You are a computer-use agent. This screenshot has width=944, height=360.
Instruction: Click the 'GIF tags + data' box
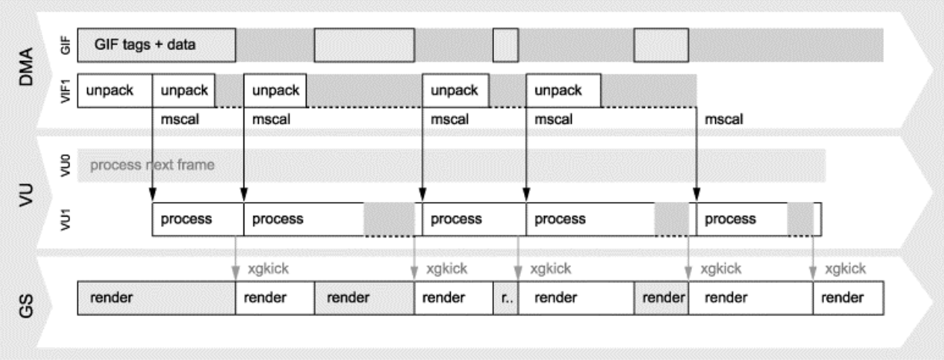(156, 45)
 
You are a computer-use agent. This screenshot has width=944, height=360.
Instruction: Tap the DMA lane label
(26, 67)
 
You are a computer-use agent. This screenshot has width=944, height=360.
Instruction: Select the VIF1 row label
(66, 91)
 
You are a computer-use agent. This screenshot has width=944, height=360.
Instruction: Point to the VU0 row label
(66, 165)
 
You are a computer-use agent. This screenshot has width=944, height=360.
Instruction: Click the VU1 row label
(66, 220)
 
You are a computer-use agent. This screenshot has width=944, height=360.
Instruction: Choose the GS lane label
(26, 305)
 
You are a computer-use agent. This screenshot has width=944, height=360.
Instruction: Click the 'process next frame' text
(152, 165)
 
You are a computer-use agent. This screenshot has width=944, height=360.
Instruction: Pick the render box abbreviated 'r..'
(506, 298)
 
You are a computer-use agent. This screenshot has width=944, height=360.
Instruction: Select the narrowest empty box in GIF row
(506, 45)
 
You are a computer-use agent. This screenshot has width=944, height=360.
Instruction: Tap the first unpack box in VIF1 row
(115, 91)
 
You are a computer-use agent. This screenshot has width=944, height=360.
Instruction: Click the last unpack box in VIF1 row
(563, 91)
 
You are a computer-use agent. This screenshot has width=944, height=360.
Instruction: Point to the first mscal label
(180, 119)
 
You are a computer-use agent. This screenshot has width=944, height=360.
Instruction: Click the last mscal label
(724, 119)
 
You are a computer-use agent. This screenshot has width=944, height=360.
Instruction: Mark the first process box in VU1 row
(198, 219)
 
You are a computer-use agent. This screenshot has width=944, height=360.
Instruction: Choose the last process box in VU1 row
(741, 219)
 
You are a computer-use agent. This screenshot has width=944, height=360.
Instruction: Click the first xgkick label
(268, 269)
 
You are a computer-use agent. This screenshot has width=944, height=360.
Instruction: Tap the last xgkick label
(845, 269)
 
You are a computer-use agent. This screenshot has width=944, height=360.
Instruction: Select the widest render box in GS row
(156, 298)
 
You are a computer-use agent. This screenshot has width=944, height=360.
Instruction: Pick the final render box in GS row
(848, 298)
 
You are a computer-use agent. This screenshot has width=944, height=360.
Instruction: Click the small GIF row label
(66, 45)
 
